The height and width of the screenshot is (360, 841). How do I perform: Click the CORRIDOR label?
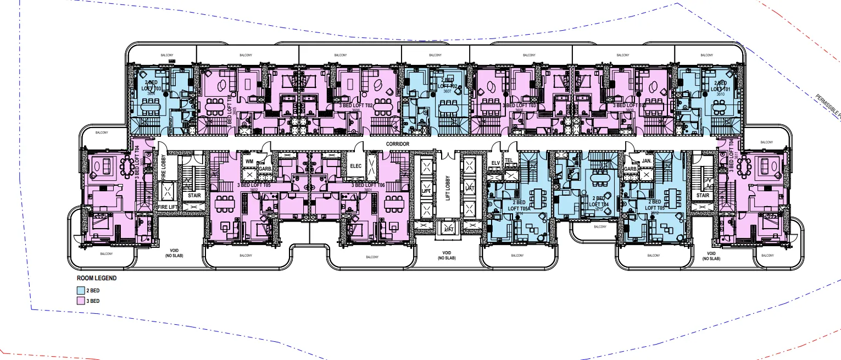pos(398,144)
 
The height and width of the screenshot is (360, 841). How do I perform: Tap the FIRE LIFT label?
pos(168,207)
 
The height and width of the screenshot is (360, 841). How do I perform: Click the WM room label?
pos(249,162)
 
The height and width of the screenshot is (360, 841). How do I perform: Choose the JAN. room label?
pos(646,160)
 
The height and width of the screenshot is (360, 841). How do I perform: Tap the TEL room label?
pos(509,162)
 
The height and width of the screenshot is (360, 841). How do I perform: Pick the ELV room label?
pos(495,162)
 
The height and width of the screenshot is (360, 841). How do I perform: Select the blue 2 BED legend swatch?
pos(80,290)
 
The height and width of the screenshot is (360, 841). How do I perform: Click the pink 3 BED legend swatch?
pos(80,301)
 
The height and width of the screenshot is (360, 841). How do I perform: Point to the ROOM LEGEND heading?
pos(96,278)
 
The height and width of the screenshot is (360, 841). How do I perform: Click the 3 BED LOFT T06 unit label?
pos(368,185)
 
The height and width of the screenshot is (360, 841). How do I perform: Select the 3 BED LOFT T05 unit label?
pos(254,185)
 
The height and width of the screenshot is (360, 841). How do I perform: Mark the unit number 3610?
pos(720,94)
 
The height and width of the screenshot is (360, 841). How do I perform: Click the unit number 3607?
pos(449,92)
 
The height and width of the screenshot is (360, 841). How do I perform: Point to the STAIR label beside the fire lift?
pos(194,195)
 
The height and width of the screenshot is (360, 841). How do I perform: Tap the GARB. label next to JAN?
pos(630,169)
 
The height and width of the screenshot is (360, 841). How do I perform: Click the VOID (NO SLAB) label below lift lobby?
pos(446,256)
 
